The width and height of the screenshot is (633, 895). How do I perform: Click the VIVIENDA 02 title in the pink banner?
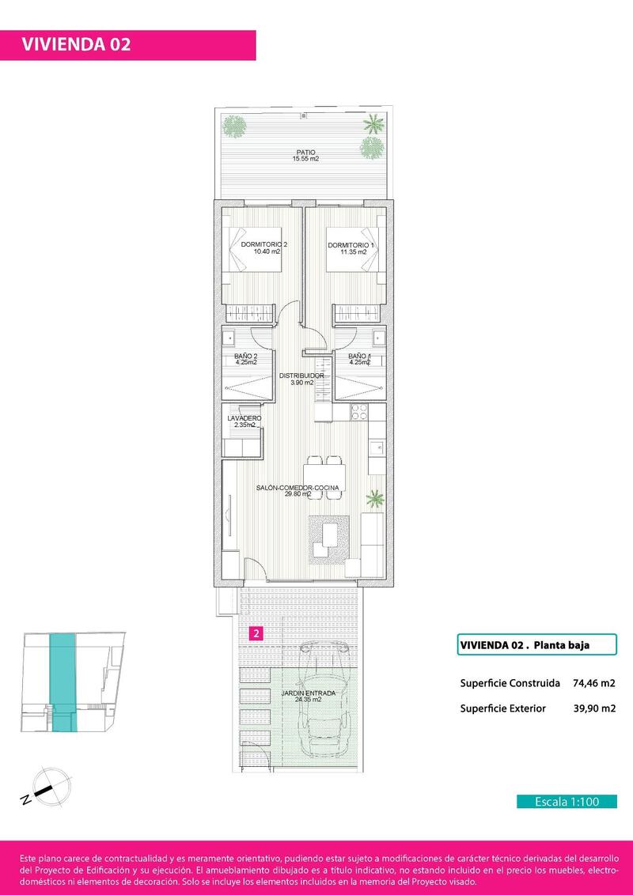[x=75, y=44]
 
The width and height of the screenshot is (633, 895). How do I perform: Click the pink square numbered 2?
[x=256, y=633]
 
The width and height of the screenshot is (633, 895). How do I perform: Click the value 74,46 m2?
[x=593, y=683]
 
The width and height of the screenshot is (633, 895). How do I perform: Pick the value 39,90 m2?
[x=593, y=708]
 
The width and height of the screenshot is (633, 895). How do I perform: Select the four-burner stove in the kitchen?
[x=358, y=412]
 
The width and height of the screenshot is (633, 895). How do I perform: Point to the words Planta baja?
[x=562, y=645]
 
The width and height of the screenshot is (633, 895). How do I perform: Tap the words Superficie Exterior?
[x=502, y=708]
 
